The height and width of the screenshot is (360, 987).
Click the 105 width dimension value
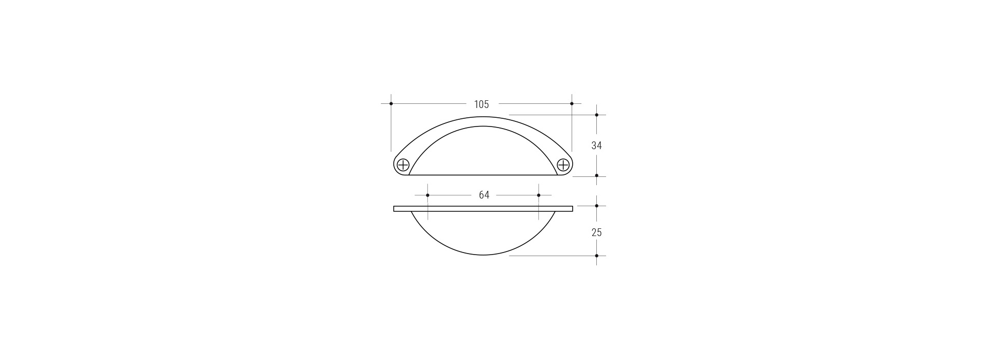click(x=481, y=104)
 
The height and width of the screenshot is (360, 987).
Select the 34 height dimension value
click(x=596, y=146)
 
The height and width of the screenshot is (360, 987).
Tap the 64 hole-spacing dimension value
click(x=484, y=195)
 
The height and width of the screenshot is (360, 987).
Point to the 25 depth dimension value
click(x=596, y=232)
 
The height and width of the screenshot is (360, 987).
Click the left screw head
click(x=403, y=165)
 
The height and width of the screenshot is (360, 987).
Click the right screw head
click(x=563, y=165)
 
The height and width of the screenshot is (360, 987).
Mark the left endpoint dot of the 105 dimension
click(x=391, y=104)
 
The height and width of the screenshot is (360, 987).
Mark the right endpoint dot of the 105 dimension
click(x=572, y=104)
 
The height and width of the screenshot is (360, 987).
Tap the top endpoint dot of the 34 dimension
click(x=596, y=115)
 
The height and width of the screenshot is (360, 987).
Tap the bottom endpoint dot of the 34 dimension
click(x=596, y=175)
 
